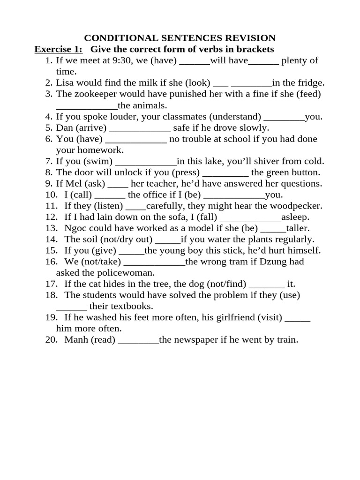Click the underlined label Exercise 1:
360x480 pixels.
pos(59,49)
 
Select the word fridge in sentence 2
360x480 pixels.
pos(310,83)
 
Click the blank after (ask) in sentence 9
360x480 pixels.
pos(120,184)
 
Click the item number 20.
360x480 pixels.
pos(51,340)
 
